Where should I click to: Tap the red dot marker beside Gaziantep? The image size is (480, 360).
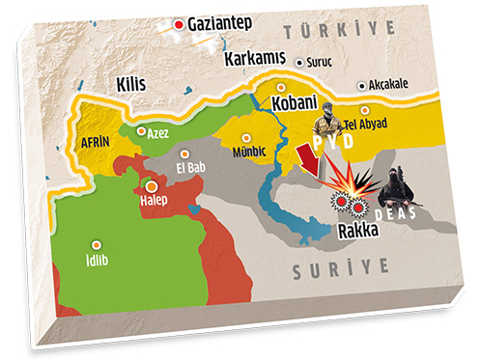[178, 22]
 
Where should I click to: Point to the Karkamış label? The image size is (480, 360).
[258, 59]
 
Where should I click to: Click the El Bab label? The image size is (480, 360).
[191, 165]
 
